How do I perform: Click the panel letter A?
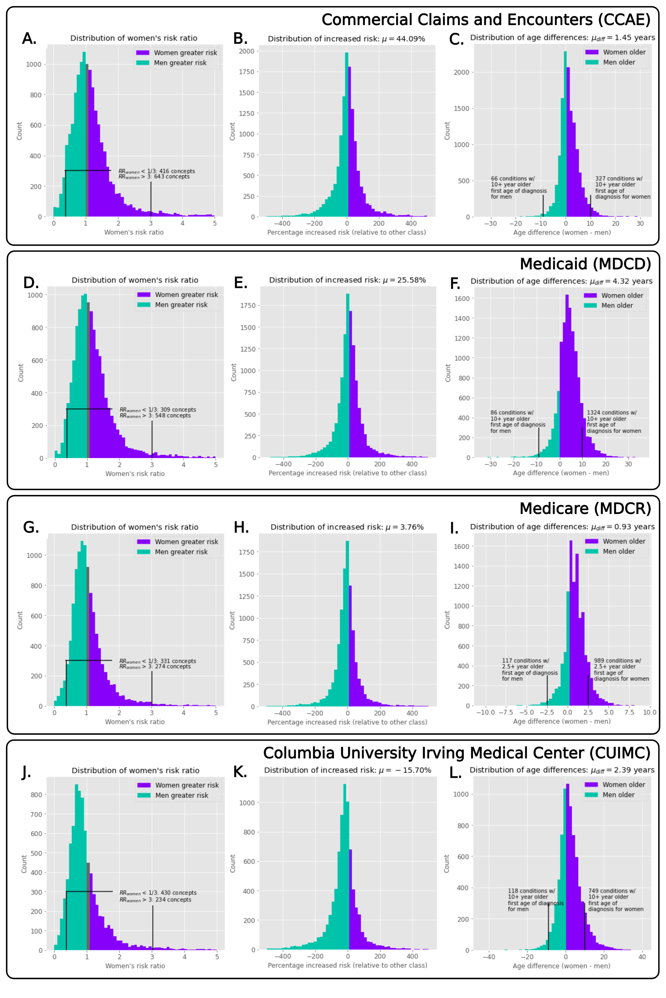point(29,39)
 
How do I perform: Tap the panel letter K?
point(240,772)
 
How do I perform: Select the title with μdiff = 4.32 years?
point(561,281)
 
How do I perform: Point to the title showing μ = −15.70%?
point(347,770)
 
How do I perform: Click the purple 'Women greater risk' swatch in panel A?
point(143,53)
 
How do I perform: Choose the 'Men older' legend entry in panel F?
point(617,306)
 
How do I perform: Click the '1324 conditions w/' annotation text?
point(612,413)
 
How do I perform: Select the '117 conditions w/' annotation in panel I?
point(525,661)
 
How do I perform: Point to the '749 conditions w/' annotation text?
point(612,891)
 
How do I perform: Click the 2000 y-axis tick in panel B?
point(247,51)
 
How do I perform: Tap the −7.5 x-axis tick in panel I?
point(505,713)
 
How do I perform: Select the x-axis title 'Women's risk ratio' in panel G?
point(135,722)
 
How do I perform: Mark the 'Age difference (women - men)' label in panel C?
point(562,232)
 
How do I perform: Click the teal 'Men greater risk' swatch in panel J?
point(144,795)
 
